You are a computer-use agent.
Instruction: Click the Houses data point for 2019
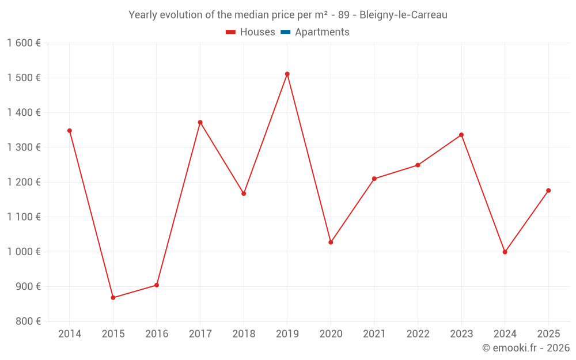(x=287, y=74)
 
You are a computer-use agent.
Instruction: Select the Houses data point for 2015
(x=113, y=298)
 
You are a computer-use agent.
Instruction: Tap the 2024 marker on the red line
(x=505, y=252)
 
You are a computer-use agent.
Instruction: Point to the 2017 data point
(x=200, y=122)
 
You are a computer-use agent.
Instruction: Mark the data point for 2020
(x=331, y=242)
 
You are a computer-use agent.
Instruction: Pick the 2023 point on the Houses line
(x=461, y=135)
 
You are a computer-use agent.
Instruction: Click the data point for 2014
(x=70, y=131)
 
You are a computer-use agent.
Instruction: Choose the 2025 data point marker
(x=548, y=191)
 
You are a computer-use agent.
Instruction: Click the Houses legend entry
(x=251, y=32)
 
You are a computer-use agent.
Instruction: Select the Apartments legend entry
(x=321, y=32)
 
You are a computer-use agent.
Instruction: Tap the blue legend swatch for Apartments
(x=285, y=32)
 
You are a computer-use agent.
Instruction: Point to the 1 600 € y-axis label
(x=24, y=43)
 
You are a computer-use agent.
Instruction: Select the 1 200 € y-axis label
(x=24, y=182)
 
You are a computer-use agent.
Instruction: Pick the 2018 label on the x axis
(x=244, y=334)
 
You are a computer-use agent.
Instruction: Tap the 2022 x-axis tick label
(x=418, y=334)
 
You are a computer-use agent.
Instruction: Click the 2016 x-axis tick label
(x=157, y=334)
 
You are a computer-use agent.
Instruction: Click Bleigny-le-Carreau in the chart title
(x=403, y=15)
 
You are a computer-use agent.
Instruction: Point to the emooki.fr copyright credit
(x=526, y=348)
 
